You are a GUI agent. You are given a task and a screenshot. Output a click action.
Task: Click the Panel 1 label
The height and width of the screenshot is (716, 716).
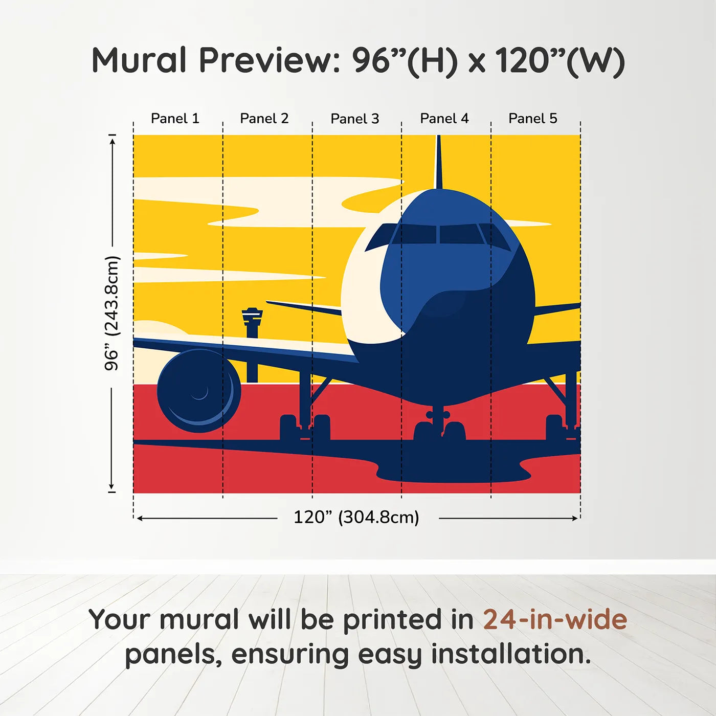[x=175, y=119]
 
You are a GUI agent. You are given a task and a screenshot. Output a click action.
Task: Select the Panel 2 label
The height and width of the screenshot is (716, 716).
[x=264, y=119]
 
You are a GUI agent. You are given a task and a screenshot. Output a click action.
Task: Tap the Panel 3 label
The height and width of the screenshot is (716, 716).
[x=355, y=119]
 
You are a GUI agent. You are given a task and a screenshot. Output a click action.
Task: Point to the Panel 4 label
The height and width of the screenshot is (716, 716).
[x=444, y=119]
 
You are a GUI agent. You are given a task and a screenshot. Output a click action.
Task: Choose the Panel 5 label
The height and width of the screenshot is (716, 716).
[x=533, y=119]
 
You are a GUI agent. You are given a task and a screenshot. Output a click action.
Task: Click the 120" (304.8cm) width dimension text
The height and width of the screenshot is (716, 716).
[x=356, y=518]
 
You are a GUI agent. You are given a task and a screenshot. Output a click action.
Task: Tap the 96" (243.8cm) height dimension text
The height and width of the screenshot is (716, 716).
[x=111, y=313]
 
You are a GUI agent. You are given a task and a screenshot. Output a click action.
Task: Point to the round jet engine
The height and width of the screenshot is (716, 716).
[x=198, y=391]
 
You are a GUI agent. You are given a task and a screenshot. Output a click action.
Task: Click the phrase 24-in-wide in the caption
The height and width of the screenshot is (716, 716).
[x=555, y=619]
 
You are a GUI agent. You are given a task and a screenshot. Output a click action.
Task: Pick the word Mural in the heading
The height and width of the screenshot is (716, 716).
[x=139, y=60]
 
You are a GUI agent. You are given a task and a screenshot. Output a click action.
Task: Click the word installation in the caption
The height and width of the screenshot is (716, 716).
[x=510, y=654]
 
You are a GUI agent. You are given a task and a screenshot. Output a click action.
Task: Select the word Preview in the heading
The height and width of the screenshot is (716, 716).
[x=266, y=60]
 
